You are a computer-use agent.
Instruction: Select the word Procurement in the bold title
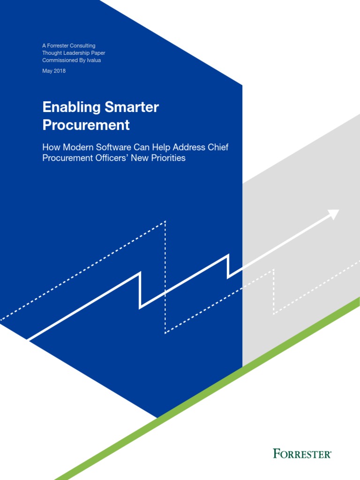pyautogui.click(x=86, y=126)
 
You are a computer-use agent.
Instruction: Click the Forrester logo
pyautogui.click(x=302, y=453)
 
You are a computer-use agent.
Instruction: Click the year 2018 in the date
pyautogui.click(x=60, y=71)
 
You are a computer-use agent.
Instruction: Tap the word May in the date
pyautogui.click(x=47, y=71)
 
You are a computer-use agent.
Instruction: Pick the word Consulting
pyautogui.click(x=83, y=45)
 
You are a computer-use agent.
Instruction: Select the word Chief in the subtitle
pyautogui.click(x=218, y=147)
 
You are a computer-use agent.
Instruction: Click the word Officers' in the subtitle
pyautogui.click(x=112, y=158)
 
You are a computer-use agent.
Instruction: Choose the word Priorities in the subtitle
pyautogui.click(x=167, y=158)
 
